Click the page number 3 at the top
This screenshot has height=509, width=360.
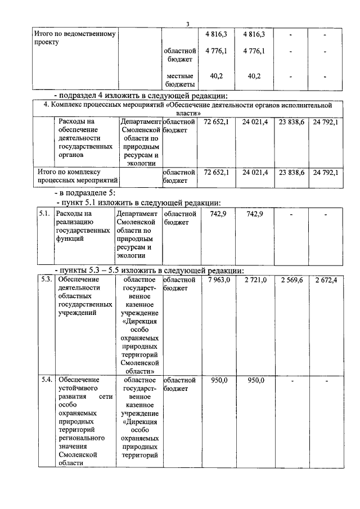(x=188, y=24)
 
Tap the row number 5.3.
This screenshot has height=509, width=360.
(x=47, y=280)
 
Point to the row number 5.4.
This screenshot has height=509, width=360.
(x=47, y=381)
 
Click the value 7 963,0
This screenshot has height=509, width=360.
(x=219, y=280)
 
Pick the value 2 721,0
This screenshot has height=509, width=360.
(x=255, y=280)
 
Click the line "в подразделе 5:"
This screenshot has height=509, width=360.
(x=84, y=193)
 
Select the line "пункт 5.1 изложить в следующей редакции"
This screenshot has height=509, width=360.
(x=138, y=202)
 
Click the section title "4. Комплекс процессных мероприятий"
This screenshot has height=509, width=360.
(x=187, y=109)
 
